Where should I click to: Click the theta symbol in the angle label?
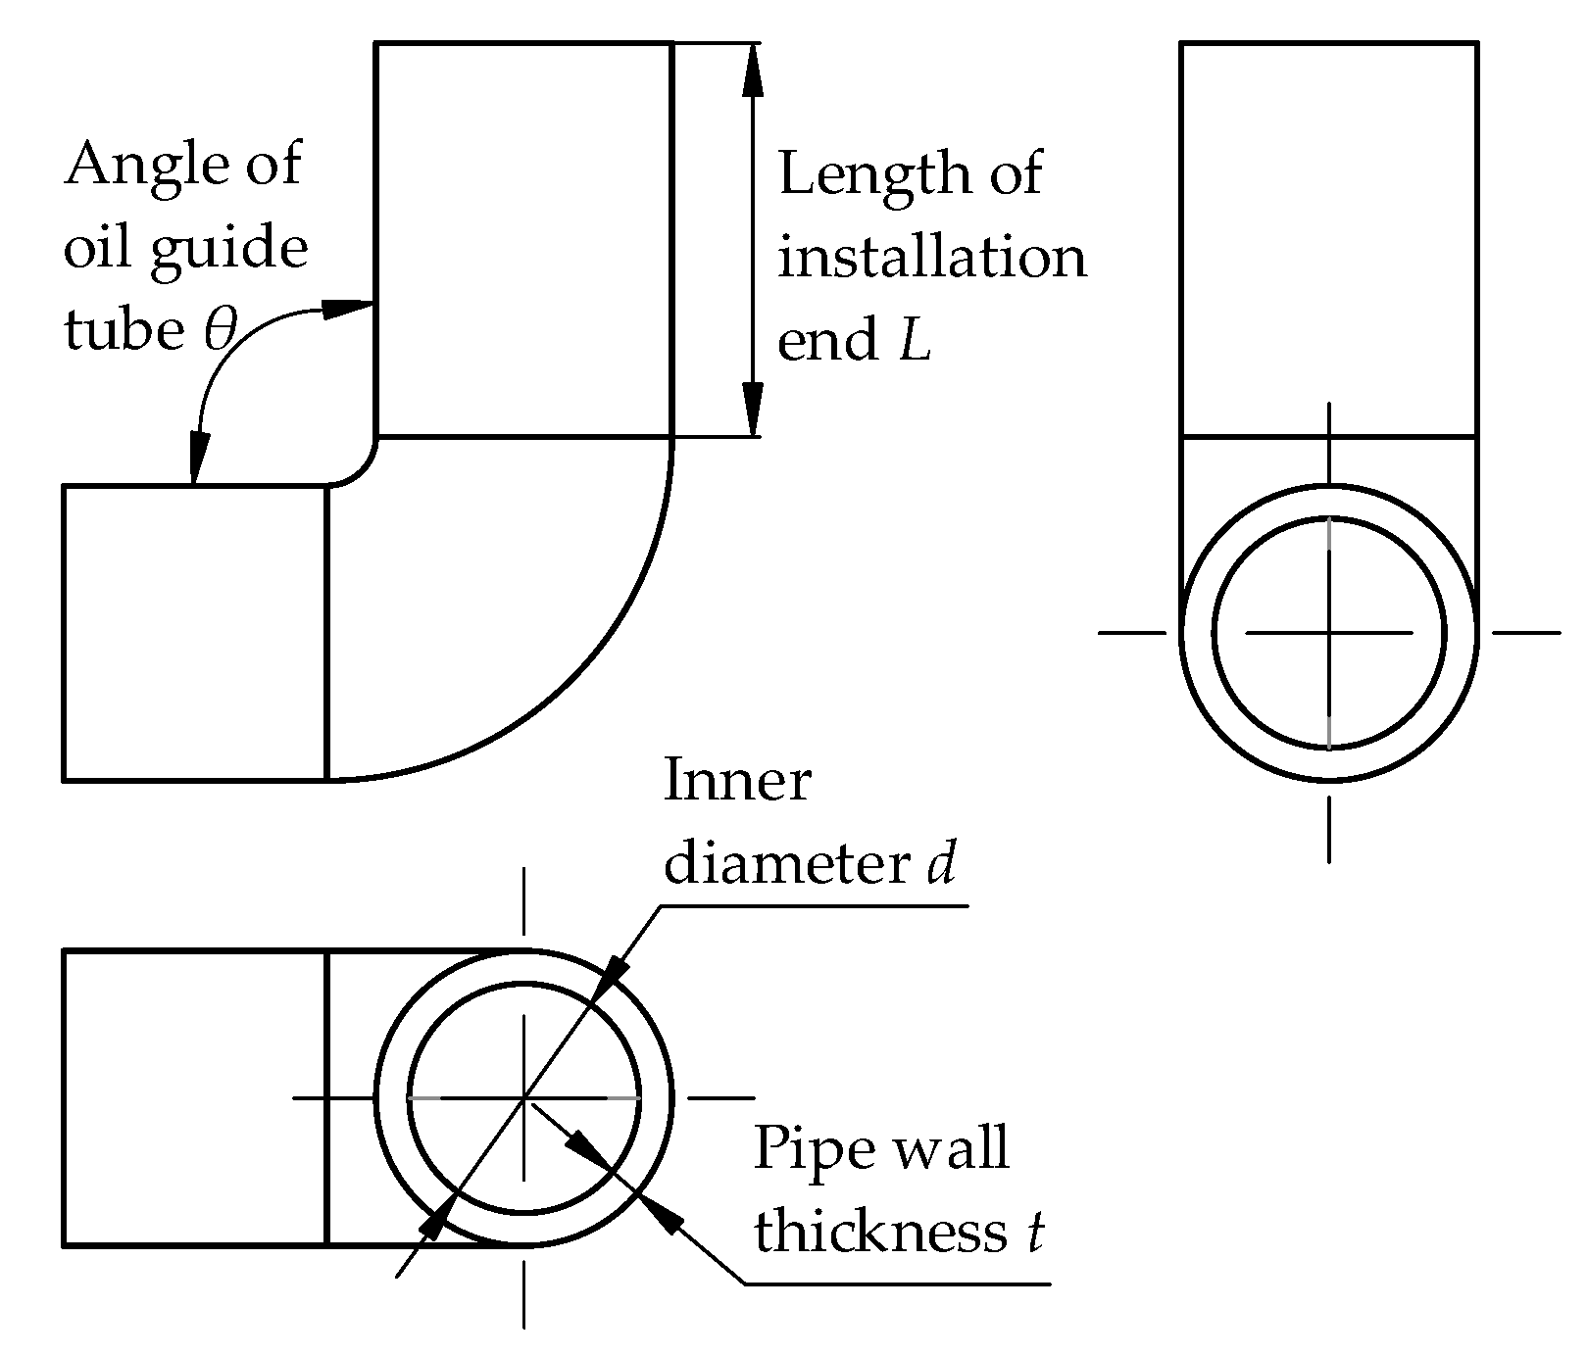[220, 330]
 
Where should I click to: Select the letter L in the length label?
[915, 341]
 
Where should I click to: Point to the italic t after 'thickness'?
[1034, 1232]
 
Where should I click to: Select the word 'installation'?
[931, 257]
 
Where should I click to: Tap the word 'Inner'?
[737, 781]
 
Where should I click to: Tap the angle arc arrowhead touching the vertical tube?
[348, 308]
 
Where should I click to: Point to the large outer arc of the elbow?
[588, 666]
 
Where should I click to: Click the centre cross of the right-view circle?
[1328, 633]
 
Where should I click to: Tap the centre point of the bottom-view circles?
[524, 1098]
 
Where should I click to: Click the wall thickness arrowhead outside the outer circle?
[664, 1215]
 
